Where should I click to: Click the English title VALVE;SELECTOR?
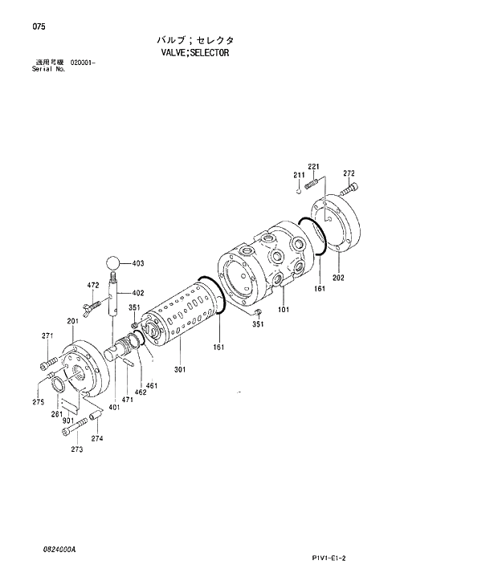click(x=195, y=52)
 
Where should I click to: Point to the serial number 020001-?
click(x=83, y=63)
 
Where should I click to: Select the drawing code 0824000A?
click(x=60, y=550)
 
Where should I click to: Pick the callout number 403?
click(x=137, y=264)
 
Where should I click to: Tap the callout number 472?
click(x=92, y=285)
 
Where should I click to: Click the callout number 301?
click(x=180, y=369)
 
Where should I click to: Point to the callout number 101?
click(x=284, y=309)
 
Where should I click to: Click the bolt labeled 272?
click(x=350, y=190)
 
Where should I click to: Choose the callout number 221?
click(x=313, y=167)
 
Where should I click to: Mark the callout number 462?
click(x=140, y=392)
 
